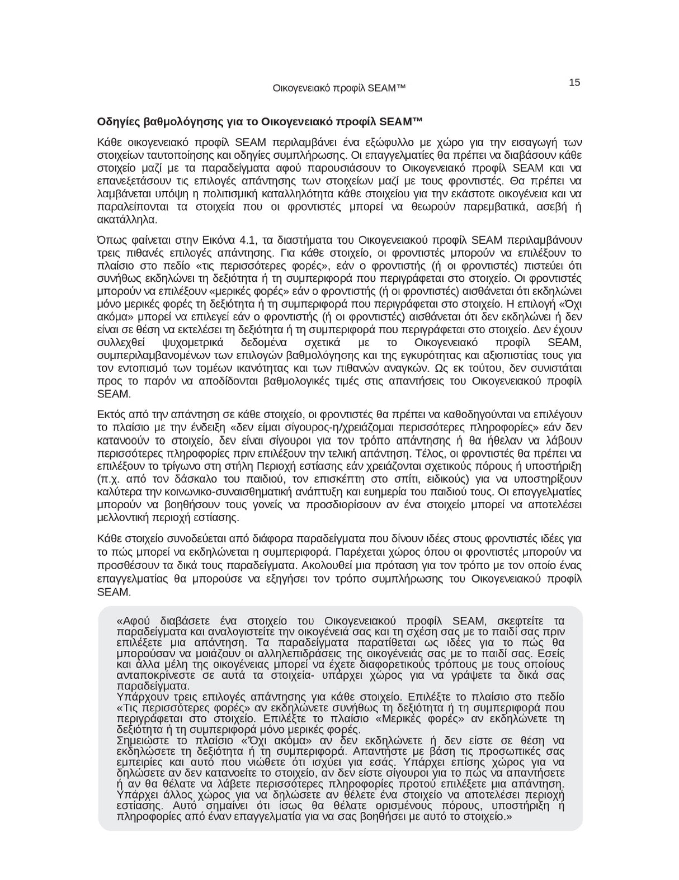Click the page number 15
coord(574,83)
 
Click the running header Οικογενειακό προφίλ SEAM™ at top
coord(338,88)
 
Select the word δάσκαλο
coord(182,479)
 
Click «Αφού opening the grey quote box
coord(134,621)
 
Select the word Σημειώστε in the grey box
coord(140,740)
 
